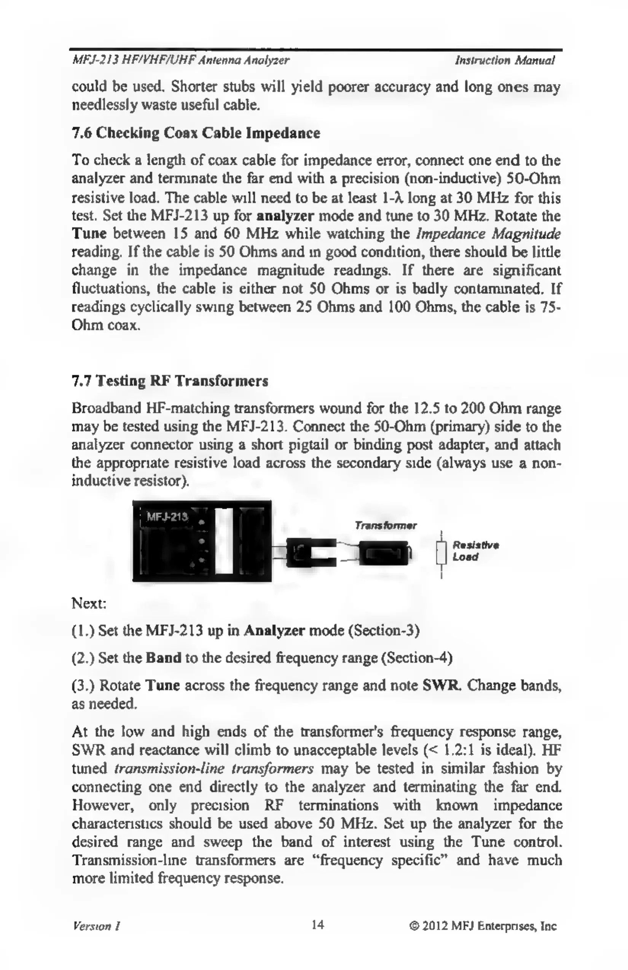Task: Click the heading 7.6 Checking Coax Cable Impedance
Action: click(196, 133)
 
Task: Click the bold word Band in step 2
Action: click(163, 658)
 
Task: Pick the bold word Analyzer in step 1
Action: click(274, 631)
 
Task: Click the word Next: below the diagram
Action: click(89, 603)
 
